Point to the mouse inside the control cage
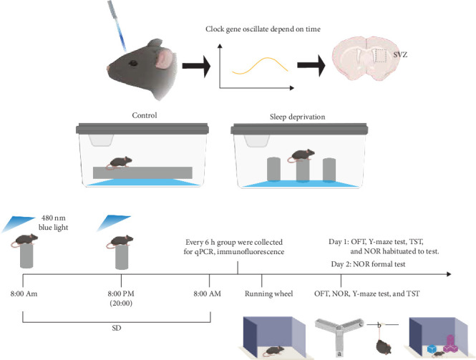pyautogui.click(x=110, y=162)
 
